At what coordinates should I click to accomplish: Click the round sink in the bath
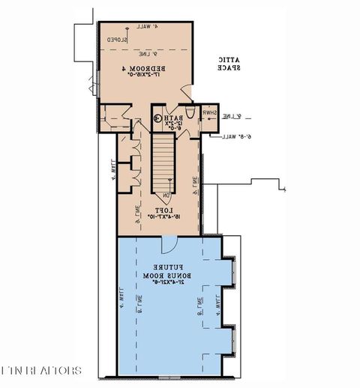[157, 118]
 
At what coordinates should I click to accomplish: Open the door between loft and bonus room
[169, 245]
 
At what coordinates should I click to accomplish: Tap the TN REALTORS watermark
[42, 371]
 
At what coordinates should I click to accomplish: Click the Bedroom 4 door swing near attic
[183, 94]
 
